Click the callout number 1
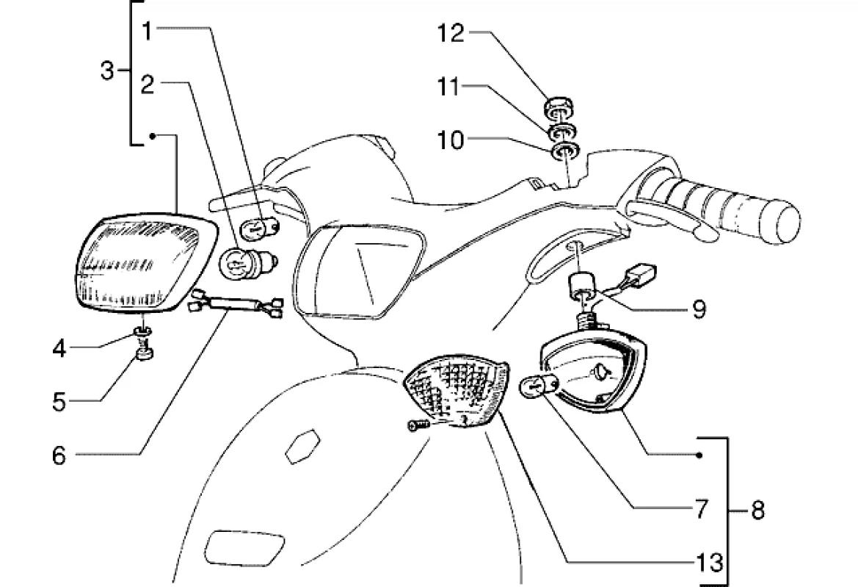147,31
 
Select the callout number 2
148,85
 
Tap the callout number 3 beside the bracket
107,71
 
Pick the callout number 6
59,455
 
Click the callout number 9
698,309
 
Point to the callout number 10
451,140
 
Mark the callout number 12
451,33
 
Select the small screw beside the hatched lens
415,425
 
